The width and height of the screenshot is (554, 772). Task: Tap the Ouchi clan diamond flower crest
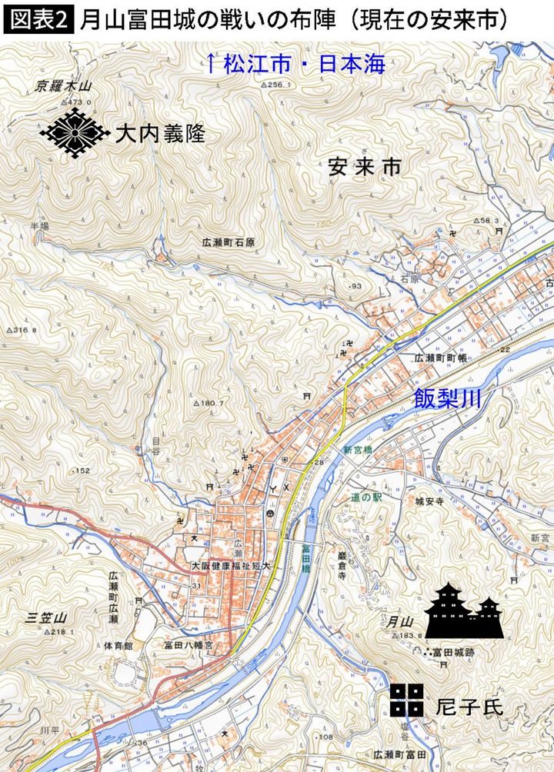click(75, 132)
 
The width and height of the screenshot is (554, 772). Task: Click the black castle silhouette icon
click(465, 612)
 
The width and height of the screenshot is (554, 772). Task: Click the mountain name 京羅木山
click(63, 87)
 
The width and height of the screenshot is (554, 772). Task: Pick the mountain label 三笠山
click(47, 617)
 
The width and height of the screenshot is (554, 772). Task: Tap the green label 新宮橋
click(358, 450)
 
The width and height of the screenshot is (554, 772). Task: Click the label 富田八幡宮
click(185, 646)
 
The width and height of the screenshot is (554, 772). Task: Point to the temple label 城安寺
click(430, 501)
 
